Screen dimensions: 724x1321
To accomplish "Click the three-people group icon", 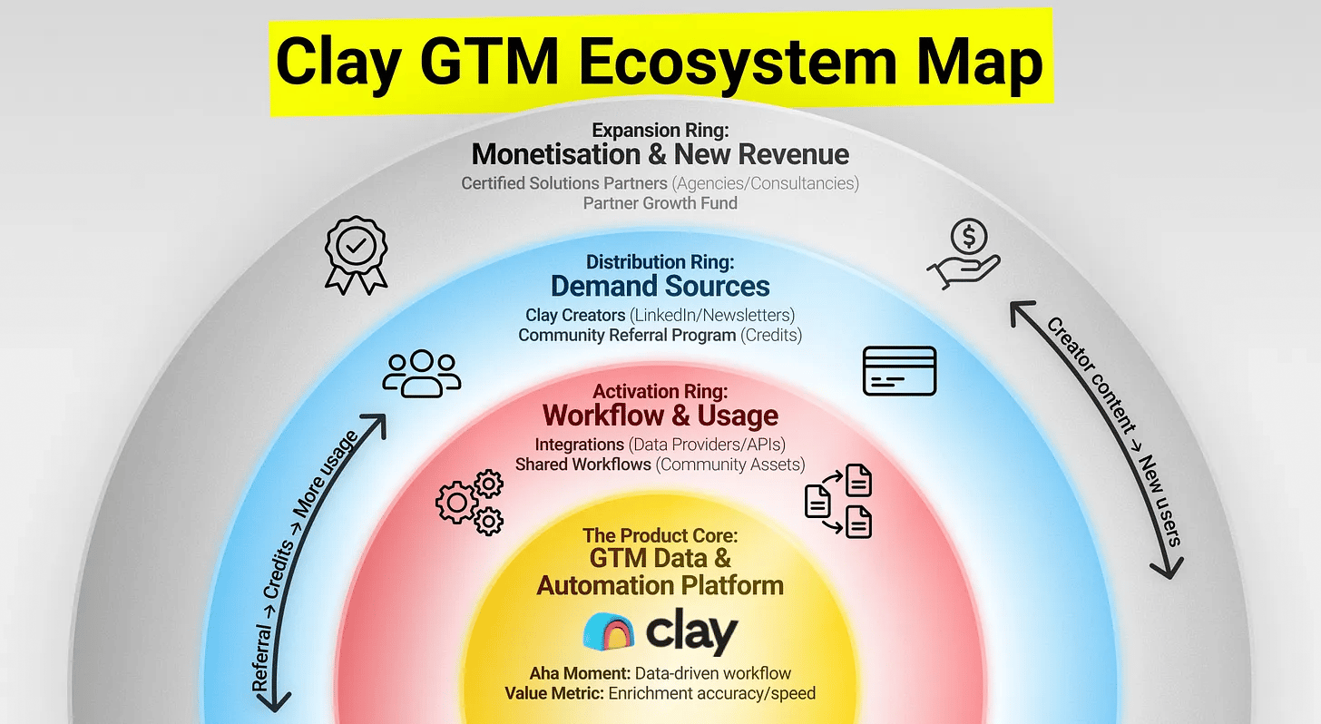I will tap(421, 373).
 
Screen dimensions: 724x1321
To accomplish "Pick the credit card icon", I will tap(899, 371).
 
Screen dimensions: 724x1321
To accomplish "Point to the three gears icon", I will tap(470, 501).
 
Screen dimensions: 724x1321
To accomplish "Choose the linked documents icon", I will tap(839, 500).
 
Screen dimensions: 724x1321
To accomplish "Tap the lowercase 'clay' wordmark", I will tap(692, 631).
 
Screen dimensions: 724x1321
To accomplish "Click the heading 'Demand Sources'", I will tap(660, 287).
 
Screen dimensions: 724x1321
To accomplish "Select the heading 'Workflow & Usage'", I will tap(660, 416).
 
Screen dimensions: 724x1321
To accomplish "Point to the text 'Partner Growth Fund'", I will tap(660, 203).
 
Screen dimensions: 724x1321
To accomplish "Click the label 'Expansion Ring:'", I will tap(660, 131).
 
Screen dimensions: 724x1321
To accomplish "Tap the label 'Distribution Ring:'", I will tap(660, 262).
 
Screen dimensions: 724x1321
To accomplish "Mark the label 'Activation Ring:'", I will tap(660, 392).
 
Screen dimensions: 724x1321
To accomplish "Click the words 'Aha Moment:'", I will tap(581, 674).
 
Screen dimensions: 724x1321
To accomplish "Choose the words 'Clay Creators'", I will tap(574, 316).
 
